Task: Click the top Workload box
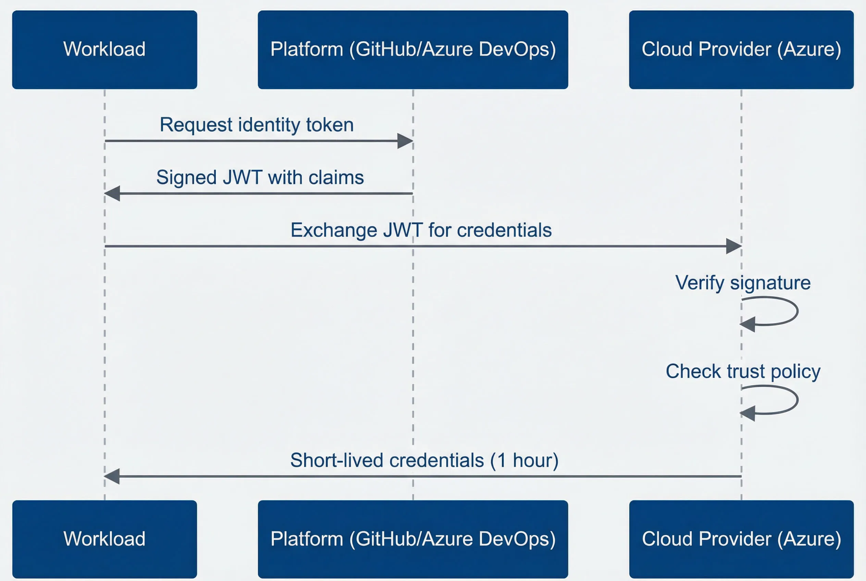point(104,50)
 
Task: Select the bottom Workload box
point(104,539)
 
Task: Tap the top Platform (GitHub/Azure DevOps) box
point(413,50)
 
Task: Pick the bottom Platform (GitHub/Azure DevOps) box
point(413,539)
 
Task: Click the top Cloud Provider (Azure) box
point(741,50)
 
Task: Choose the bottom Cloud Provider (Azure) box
point(741,539)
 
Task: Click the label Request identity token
point(257,124)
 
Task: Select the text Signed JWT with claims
point(260,177)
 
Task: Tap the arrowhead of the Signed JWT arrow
point(112,194)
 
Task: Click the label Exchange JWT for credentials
point(421,230)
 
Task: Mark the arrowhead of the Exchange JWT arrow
point(733,246)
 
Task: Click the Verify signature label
point(743,283)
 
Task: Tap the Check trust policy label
point(743,371)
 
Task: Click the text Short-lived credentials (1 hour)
point(424,460)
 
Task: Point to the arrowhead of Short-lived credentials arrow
point(112,476)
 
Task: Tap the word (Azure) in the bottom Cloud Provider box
point(809,539)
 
